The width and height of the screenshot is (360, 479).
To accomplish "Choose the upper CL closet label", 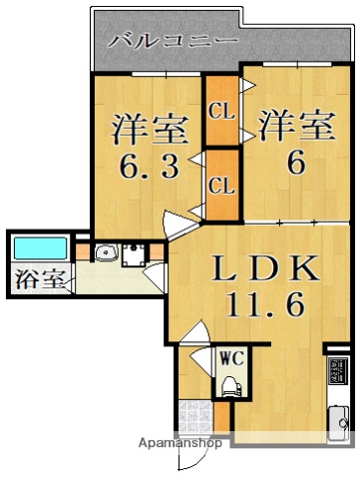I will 222,112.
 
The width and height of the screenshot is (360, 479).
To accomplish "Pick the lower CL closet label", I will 222,185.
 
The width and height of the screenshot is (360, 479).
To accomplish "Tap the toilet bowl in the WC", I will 232,386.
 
